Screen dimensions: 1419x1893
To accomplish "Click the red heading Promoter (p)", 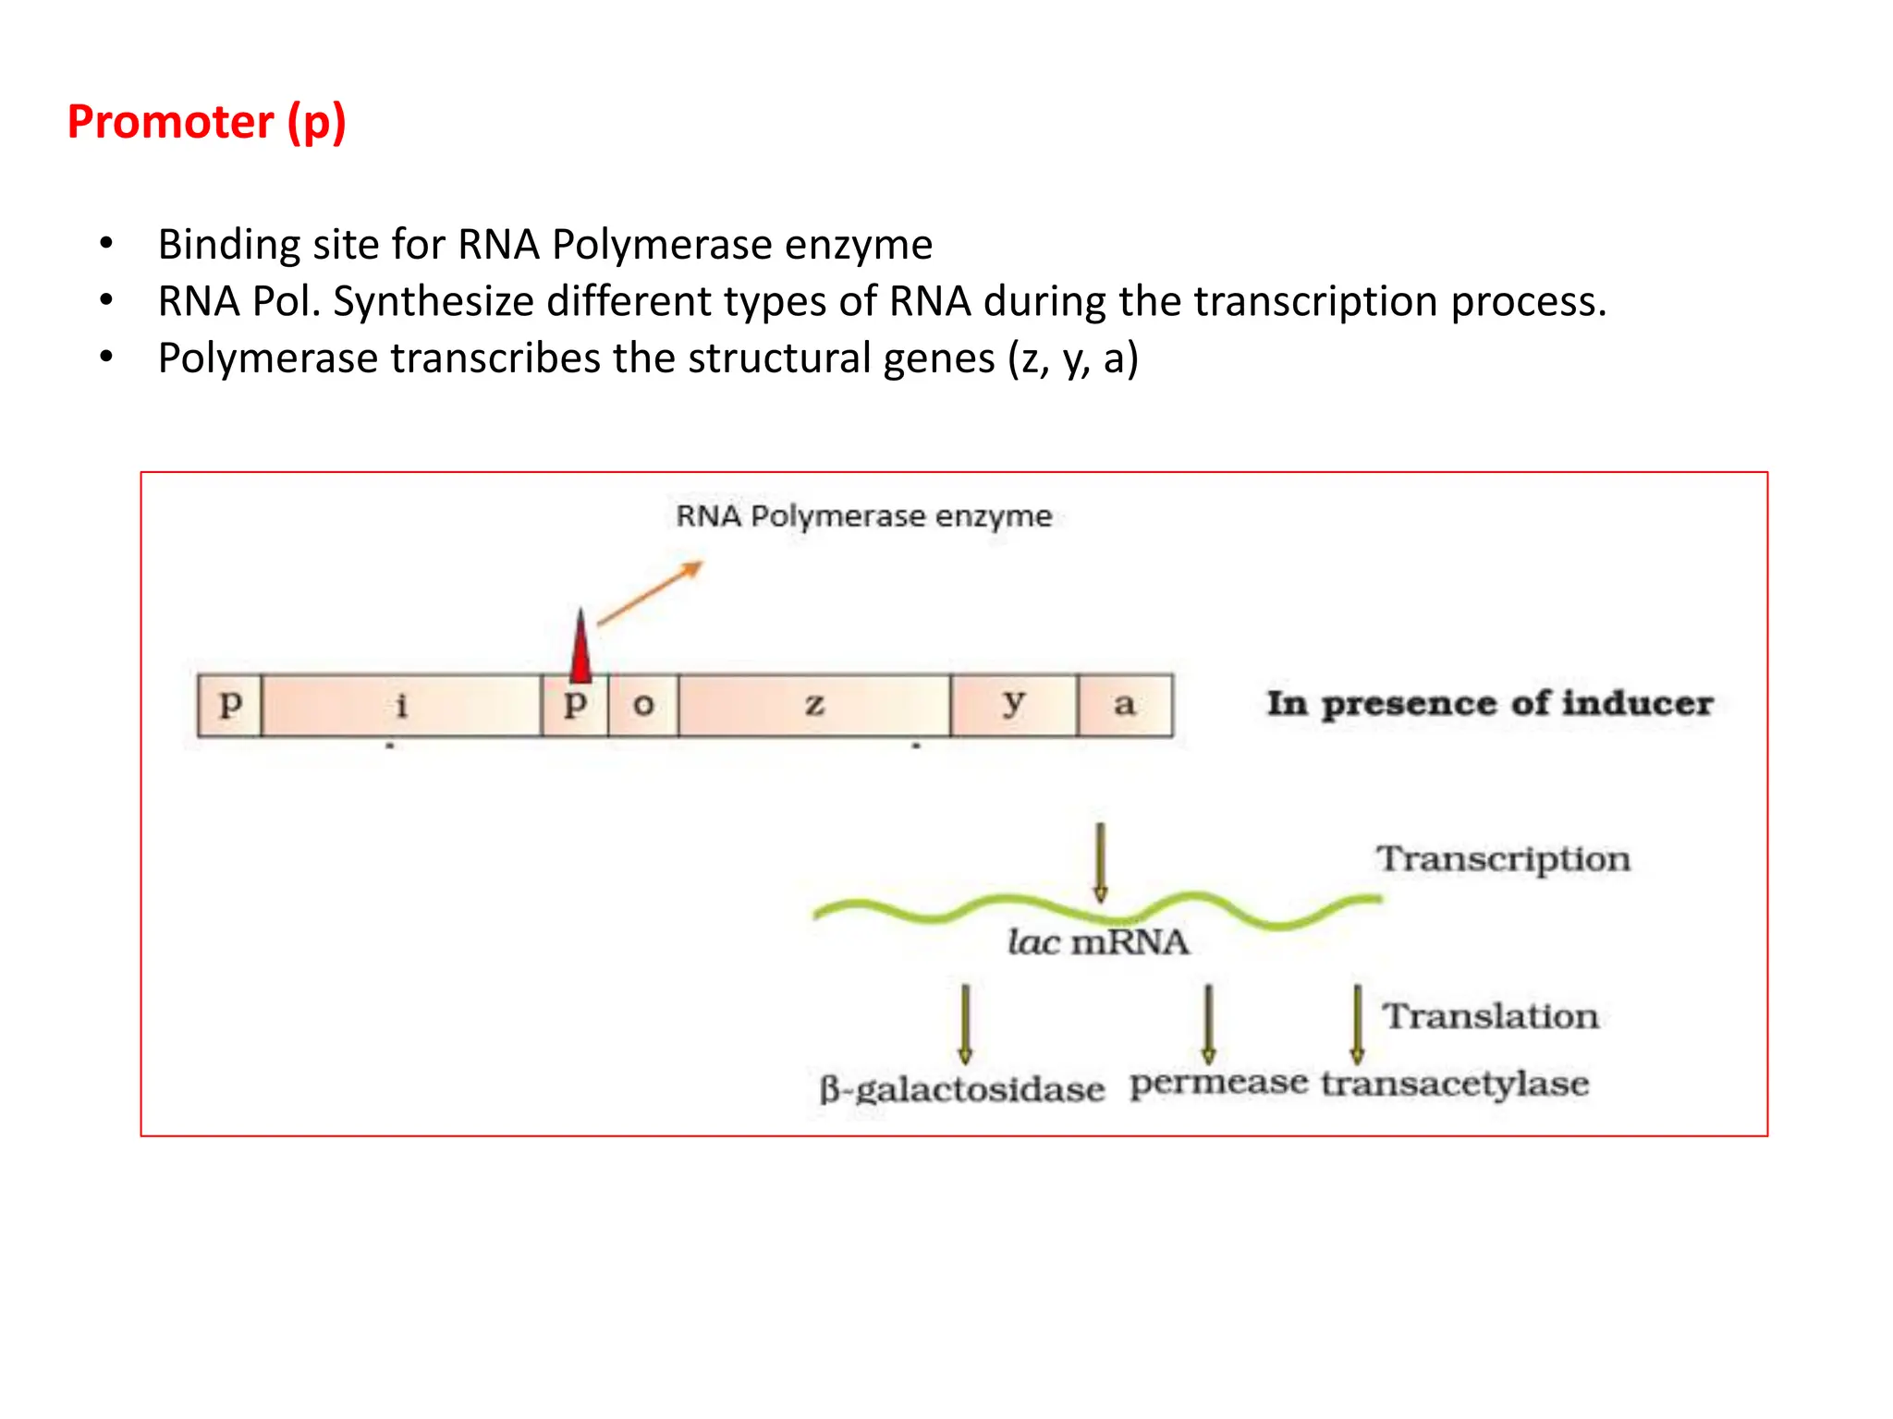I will [x=207, y=123].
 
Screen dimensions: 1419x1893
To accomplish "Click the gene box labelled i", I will [x=401, y=706].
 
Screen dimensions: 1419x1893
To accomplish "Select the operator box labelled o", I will [x=643, y=706].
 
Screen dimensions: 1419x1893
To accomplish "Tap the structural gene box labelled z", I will [x=813, y=706].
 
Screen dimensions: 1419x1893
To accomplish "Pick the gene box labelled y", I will [x=1014, y=706].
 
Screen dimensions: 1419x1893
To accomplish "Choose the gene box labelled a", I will [x=1124, y=706].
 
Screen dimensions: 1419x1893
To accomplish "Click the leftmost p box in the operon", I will [x=230, y=706].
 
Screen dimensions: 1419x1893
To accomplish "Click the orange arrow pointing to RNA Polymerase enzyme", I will [x=651, y=593].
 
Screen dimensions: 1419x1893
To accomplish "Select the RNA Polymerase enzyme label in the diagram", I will [x=863, y=515].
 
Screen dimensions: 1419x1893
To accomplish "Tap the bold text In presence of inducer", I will [x=1489, y=704].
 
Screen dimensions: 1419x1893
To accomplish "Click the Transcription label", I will [x=1503, y=859].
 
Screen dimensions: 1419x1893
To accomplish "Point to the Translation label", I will [x=1490, y=1016].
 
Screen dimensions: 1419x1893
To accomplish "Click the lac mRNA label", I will [x=1098, y=942].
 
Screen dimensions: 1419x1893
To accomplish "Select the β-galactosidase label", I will [x=961, y=1089].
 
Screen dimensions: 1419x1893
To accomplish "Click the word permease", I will [x=1218, y=1083].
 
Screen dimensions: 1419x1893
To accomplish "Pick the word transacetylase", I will [x=1455, y=1083].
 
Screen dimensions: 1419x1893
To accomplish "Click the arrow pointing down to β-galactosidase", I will [x=965, y=1024].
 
